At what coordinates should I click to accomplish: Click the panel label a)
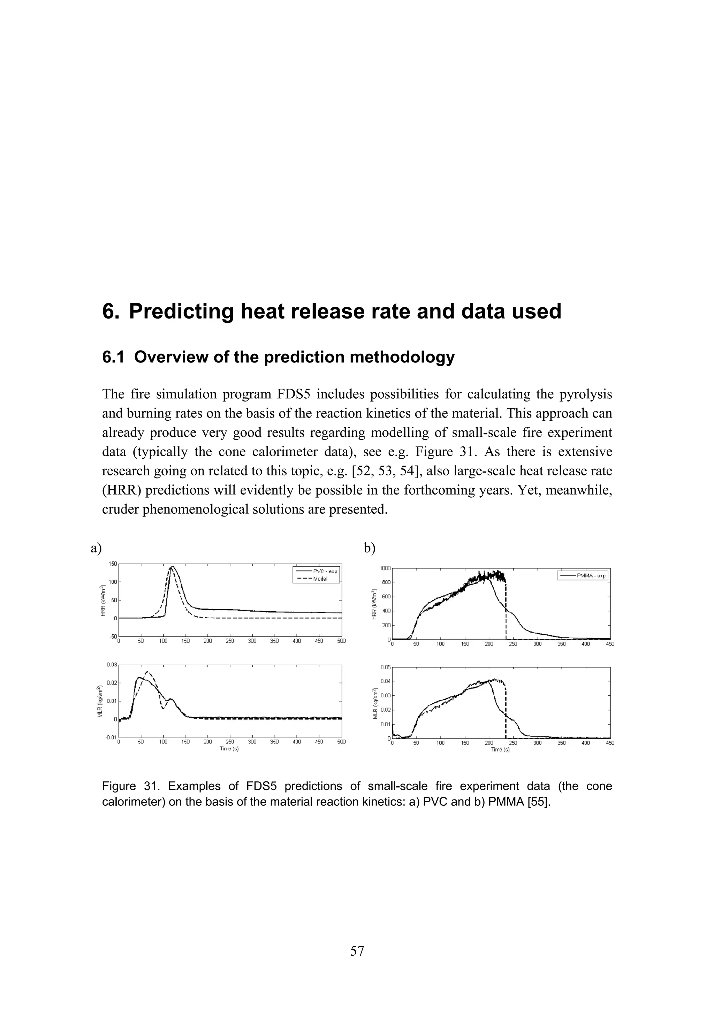coord(96,548)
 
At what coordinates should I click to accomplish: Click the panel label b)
coord(370,548)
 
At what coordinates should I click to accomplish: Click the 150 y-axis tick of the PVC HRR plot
coord(113,564)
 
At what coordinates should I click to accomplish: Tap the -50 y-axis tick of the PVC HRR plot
coord(113,636)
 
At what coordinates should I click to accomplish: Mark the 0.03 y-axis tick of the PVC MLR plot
coord(112,665)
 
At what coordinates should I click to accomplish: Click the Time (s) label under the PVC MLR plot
coord(229,749)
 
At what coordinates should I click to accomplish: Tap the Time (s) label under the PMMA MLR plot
coord(500,750)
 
